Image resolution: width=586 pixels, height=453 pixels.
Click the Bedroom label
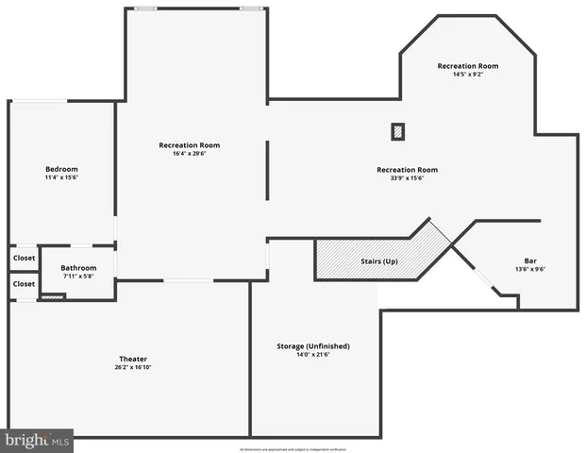click(61, 169)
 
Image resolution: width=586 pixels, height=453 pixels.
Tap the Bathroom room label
click(79, 268)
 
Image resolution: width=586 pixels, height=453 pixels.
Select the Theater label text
click(133, 359)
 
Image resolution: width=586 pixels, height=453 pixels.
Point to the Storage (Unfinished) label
click(313, 346)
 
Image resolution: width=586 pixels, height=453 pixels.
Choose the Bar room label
click(530, 260)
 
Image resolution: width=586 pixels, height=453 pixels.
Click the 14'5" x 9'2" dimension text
click(468, 74)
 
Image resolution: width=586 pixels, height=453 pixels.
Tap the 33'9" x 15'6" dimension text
click(408, 178)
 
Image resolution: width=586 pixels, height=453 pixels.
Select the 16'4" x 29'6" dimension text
click(190, 153)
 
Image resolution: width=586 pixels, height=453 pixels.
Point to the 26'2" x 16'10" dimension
click(133, 367)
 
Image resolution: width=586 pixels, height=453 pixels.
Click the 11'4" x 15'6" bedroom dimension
click(61, 177)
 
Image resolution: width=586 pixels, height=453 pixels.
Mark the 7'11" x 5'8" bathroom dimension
click(79, 277)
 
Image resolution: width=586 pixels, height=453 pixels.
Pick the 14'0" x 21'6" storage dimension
click(313, 355)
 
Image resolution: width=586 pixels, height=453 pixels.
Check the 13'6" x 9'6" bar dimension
click(530, 269)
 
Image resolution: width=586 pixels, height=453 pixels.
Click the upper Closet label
click(24, 258)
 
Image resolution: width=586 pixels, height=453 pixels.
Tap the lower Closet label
click(24, 283)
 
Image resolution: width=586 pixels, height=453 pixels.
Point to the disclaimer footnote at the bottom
click(293, 448)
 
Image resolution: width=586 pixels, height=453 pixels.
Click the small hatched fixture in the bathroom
click(53, 297)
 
